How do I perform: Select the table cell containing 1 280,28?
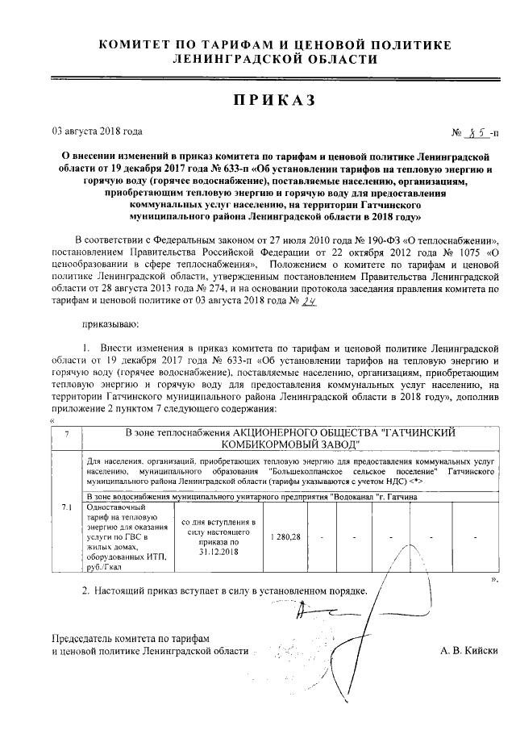[x=286, y=536]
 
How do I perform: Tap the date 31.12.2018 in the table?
[x=218, y=553]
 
